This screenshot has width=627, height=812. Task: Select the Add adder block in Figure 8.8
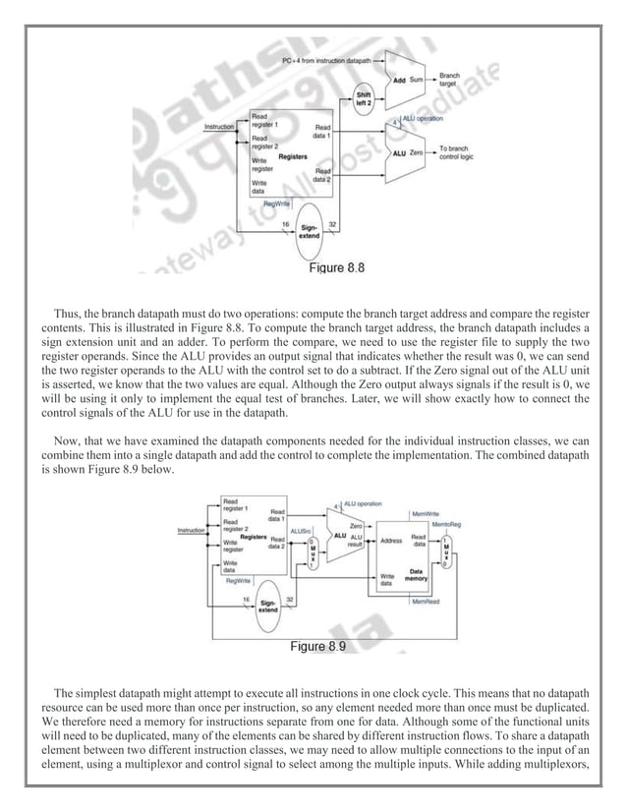tap(401, 79)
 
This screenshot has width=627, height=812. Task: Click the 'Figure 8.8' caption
tap(338, 266)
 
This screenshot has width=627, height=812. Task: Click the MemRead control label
tap(425, 601)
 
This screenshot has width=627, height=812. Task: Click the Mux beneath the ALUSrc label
tap(313, 552)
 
